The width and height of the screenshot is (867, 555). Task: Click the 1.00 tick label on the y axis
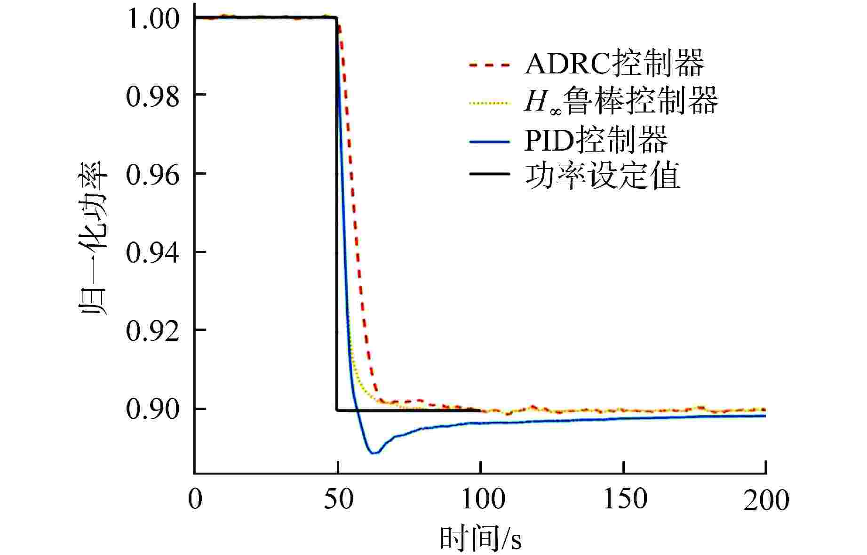pyautogui.click(x=153, y=19)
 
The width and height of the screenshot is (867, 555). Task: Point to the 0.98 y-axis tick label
pyautogui.click(x=153, y=96)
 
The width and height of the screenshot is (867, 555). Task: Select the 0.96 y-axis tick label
pyautogui.click(x=153, y=175)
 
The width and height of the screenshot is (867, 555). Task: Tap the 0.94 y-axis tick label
pyautogui.click(x=153, y=253)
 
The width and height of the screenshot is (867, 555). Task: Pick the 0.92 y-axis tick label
pyautogui.click(x=153, y=331)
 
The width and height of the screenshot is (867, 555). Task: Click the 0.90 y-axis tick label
pyautogui.click(x=153, y=409)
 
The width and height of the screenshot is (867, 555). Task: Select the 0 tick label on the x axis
pyautogui.click(x=195, y=499)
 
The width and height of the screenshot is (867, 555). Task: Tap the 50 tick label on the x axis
pyautogui.click(x=338, y=499)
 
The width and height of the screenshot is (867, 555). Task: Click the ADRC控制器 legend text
pyautogui.click(x=614, y=64)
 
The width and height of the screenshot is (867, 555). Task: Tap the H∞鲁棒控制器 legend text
pyautogui.click(x=621, y=101)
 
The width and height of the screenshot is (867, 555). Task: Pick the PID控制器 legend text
pyautogui.click(x=596, y=139)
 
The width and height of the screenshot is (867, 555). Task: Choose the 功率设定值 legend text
pyautogui.click(x=602, y=176)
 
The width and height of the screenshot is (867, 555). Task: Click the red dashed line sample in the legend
pyautogui.click(x=490, y=65)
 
